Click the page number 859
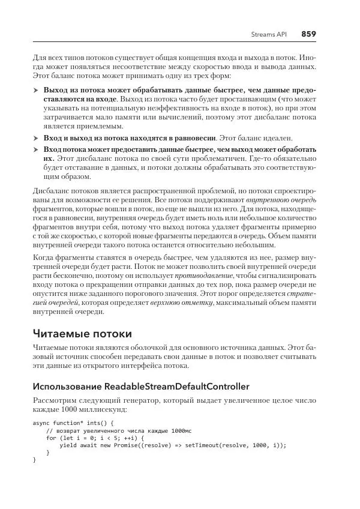tap(308, 34)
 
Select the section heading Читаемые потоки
tap(82, 333)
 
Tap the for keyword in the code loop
tap(51, 438)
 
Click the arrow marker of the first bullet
tap(35, 91)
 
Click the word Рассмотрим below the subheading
tap(55, 399)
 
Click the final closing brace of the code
tap(34, 460)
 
